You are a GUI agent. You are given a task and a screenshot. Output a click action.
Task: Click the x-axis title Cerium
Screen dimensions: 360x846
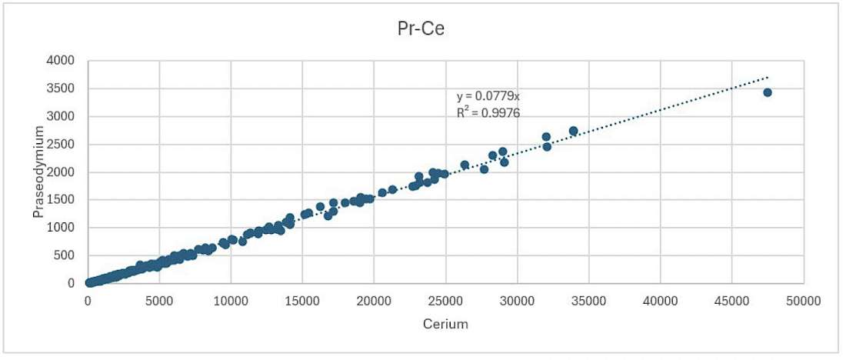445,324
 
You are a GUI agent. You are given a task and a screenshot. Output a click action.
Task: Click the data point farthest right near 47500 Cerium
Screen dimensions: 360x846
767,92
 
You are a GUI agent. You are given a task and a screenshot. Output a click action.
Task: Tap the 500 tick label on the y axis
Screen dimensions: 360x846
66,255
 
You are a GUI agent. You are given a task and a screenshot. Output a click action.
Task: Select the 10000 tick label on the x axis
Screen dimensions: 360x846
231,301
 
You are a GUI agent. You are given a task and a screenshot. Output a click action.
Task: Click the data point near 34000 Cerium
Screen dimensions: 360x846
573,132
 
